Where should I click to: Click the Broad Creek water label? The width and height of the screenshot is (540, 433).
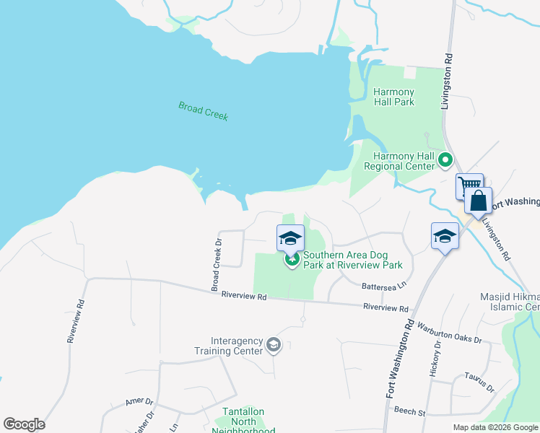point(203,110)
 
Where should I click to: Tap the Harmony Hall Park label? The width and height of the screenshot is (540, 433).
point(393,97)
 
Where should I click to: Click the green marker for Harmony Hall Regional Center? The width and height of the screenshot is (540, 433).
point(446,160)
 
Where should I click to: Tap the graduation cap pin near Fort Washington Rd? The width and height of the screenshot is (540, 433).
point(445,235)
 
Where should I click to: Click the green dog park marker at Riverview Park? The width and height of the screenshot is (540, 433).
point(292,260)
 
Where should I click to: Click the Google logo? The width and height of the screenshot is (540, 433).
point(24,424)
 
